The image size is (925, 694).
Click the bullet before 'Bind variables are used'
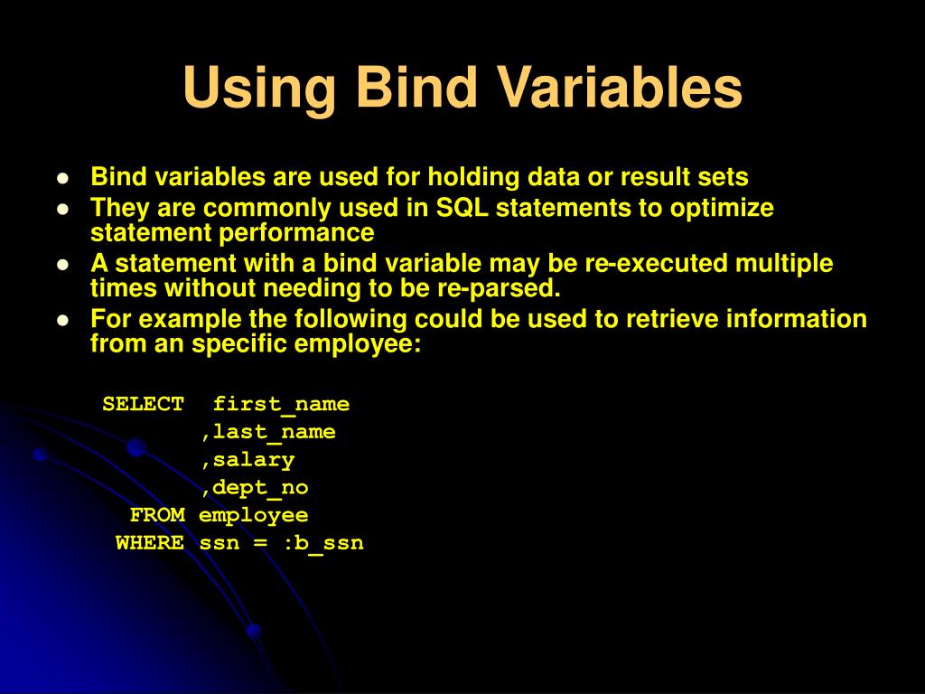[62, 178]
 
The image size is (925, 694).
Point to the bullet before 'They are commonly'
[62, 209]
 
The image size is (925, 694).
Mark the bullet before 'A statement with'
[62, 265]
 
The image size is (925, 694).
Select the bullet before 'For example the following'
[62, 320]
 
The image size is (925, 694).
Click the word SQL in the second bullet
[462, 208]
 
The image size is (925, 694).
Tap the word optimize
[722, 208]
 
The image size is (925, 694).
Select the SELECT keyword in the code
[144, 404]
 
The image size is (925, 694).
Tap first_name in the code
[281, 404]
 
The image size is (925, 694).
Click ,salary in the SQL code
[248, 460]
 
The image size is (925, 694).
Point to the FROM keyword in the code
[157, 515]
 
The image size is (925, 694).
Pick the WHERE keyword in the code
[150, 543]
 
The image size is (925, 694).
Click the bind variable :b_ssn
[322, 543]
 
